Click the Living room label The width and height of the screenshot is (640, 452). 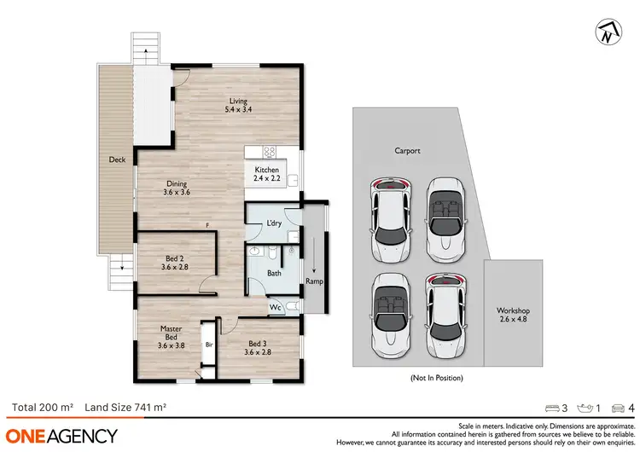pyautogui.click(x=236, y=106)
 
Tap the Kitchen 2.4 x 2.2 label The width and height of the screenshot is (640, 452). pyautogui.click(x=267, y=175)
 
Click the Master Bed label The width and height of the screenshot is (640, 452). pyautogui.click(x=172, y=336)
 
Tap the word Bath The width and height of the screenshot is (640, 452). pyautogui.click(x=274, y=274)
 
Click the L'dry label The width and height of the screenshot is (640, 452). pyautogui.click(x=275, y=223)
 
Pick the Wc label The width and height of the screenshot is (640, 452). pyautogui.click(x=276, y=307)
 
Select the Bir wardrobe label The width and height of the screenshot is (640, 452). pyautogui.click(x=208, y=345)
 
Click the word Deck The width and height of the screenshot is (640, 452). pyautogui.click(x=117, y=159)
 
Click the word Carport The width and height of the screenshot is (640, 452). pyautogui.click(x=407, y=151)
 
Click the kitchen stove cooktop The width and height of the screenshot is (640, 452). pyautogui.click(x=269, y=154)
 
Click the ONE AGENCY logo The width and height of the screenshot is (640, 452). pyautogui.click(x=62, y=436)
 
